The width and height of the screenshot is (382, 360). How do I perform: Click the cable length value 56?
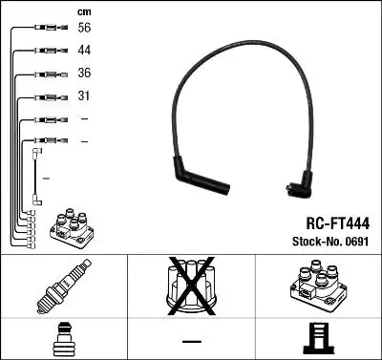[85, 30]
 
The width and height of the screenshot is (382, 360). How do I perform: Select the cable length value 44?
[85, 52]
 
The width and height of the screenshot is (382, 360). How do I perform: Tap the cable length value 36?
[85, 74]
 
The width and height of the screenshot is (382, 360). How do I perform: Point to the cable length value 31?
[84, 95]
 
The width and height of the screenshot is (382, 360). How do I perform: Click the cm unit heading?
[84, 11]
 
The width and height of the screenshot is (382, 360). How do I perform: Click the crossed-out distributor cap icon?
[190, 286]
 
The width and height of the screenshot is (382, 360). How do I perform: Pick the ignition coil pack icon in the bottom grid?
[316, 286]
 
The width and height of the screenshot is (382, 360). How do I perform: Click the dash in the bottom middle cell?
[190, 339]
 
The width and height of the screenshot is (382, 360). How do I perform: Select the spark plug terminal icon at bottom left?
[63, 338]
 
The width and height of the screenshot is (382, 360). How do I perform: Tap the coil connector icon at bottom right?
[316, 338]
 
